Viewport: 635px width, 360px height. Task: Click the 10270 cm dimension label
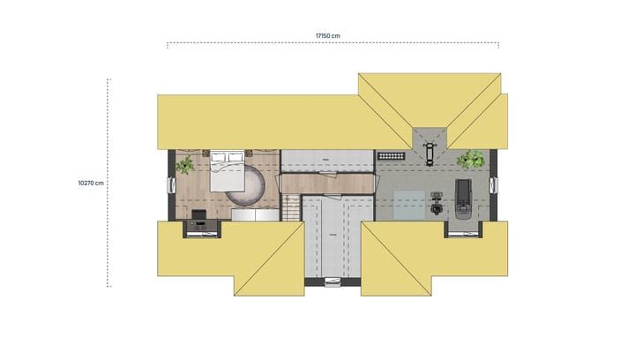(x=91, y=183)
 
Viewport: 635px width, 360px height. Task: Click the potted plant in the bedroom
(x=185, y=165)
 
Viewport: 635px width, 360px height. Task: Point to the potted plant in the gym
(x=472, y=160)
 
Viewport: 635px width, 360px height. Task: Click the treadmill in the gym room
(x=464, y=196)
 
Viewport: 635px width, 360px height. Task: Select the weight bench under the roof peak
(x=430, y=151)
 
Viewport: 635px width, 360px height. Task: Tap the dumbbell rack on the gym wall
(x=391, y=155)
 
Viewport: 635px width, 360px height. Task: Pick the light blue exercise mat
(x=407, y=204)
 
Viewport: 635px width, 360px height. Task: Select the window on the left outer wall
(x=170, y=184)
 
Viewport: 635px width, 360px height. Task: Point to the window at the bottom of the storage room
(x=332, y=282)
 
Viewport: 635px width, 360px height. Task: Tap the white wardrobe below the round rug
(x=253, y=214)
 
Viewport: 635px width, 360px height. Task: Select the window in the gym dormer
(x=464, y=233)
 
